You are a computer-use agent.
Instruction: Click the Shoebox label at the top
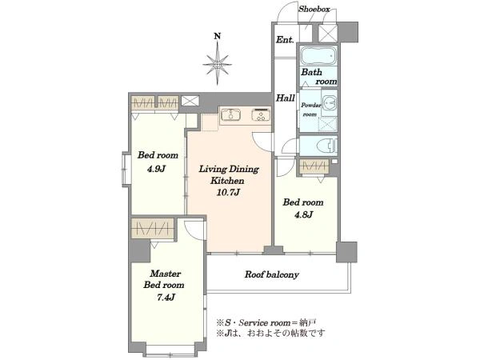pos(314,9)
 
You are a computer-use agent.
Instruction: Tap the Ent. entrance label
pos(285,39)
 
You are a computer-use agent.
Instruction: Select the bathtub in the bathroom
pos(318,55)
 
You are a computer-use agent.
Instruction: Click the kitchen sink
pos(230,115)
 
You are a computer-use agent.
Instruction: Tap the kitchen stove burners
pos(261,114)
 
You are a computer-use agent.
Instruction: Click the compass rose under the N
pos(217,64)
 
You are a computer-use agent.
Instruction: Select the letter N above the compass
pos(218,37)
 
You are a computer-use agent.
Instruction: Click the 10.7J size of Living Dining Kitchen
pos(228,192)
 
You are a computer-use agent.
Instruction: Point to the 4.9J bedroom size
pos(157,168)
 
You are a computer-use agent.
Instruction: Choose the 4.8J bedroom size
pos(303,214)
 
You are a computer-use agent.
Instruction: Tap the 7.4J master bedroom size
pos(166,297)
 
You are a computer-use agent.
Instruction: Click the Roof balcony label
pos(271,274)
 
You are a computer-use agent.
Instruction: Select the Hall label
pos(286,98)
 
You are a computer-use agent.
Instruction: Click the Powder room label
pos(311,110)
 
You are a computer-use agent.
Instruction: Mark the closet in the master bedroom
pos(153,228)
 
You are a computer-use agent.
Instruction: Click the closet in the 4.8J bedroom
pos(314,166)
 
